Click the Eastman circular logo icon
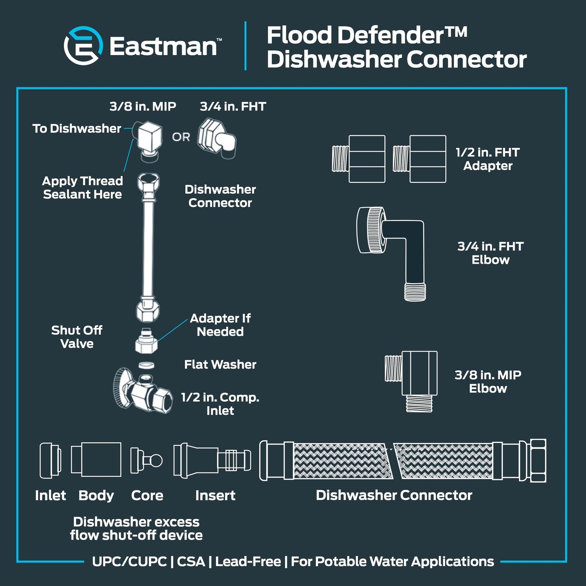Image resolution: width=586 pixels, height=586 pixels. [x=83, y=46]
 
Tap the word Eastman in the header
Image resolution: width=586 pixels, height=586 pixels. [x=163, y=47]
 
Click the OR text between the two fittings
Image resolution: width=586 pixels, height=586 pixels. [x=181, y=137]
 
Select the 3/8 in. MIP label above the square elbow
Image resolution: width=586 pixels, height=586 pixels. [x=143, y=106]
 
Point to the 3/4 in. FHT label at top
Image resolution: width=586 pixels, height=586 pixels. [x=233, y=106]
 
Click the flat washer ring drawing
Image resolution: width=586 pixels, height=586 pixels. [x=146, y=365]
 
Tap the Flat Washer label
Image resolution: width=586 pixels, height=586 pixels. [x=220, y=364]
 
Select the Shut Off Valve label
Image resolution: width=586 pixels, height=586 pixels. [x=77, y=337]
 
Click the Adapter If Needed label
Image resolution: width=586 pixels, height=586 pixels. [x=220, y=325]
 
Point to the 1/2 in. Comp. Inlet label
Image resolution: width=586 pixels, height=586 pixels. [x=220, y=404]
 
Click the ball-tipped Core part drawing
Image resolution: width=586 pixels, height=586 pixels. [x=146, y=460]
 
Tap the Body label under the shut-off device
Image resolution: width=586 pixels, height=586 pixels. [x=96, y=495]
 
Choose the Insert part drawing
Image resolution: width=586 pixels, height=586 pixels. [x=212, y=460]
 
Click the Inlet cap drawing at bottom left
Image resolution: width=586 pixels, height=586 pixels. [x=51, y=460]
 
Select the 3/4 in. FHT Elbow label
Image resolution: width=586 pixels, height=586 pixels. [x=490, y=253]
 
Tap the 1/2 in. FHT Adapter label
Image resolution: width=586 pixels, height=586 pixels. [x=488, y=159]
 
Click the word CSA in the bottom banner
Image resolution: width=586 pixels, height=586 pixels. [x=191, y=561]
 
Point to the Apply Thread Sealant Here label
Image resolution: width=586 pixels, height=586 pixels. [x=82, y=188]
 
